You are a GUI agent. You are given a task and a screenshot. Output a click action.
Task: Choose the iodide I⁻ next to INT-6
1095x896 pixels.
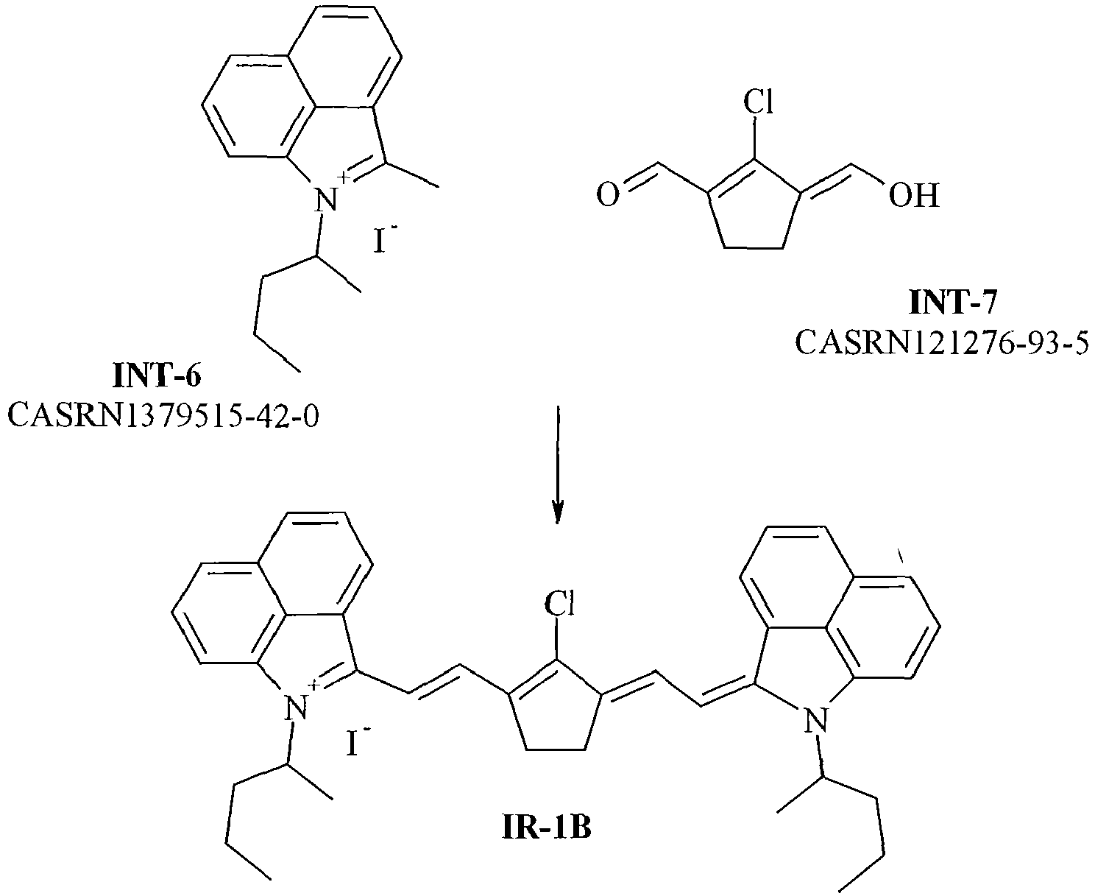pyautogui.click(x=382, y=240)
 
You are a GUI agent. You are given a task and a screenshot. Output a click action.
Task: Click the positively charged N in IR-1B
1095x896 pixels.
pyautogui.click(x=294, y=708)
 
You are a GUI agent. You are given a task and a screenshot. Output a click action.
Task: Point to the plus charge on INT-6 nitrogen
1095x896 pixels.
pyautogui.click(x=342, y=177)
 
